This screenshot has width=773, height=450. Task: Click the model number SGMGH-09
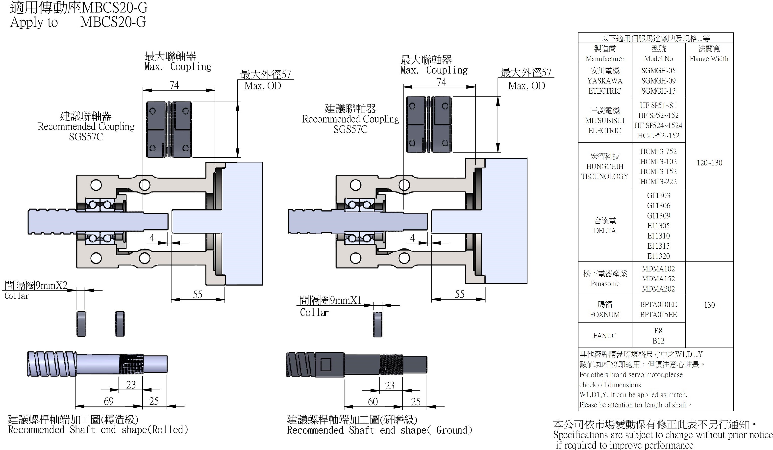coord(658,81)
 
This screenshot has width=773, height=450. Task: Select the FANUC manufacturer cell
coord(605,336)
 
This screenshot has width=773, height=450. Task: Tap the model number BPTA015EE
coord(658,315)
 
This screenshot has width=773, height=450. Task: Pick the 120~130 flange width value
coord(709,163)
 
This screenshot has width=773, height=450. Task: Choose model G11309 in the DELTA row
coord(658,216)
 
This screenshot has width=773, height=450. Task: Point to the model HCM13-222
coord(658,182)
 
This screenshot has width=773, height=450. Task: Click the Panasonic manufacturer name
coord(605,284)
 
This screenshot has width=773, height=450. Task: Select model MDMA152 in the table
coord(658,279)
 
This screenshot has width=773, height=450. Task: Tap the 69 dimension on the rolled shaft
coord(109,401)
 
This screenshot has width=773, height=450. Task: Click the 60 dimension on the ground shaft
coord(373,401)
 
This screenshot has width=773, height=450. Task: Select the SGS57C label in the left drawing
coord(86,137)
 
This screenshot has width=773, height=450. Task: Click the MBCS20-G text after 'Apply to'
coord(113,22)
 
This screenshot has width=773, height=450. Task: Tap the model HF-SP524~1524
coord(658,125)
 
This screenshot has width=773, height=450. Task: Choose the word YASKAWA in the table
coord(605,81)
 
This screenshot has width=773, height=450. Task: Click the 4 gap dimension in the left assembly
coord(151,238)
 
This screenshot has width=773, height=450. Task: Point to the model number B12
coord(658,341)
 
